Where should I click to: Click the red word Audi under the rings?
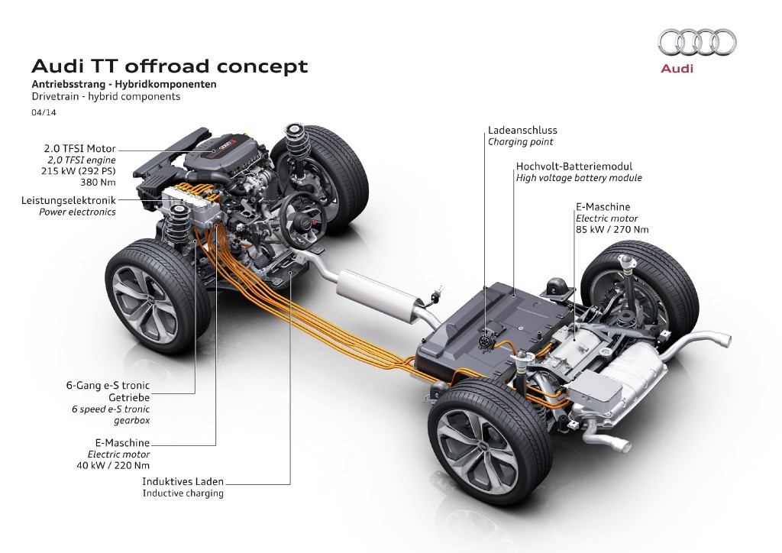(x=677, y=70)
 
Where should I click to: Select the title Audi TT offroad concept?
(x=168, y=66)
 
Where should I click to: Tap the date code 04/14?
(x=43, y=112)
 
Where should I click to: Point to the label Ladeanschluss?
(x=522, y=131)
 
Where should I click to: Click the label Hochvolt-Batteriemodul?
(x=574, y=166)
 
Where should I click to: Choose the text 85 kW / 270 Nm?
(x=613, y=228)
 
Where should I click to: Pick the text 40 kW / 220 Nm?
(x=112, y=464)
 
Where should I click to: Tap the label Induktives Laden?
(x=183, y=482)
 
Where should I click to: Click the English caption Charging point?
(x=521, y=142)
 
